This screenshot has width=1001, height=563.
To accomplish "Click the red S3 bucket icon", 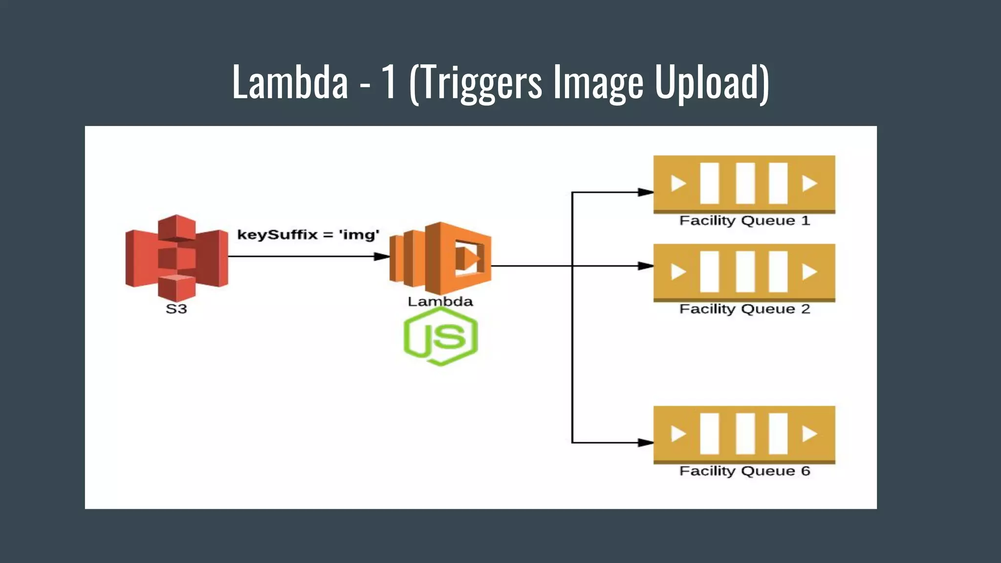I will tap(176, 258).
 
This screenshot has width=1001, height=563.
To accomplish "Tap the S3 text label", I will tap(176, 309).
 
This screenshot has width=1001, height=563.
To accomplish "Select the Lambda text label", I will tap(440, 302).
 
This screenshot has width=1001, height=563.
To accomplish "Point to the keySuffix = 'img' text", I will tap(308, 235).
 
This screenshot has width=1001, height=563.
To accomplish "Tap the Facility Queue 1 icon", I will tap(744, 184).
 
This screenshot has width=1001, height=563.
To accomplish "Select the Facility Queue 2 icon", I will tap(744, 272).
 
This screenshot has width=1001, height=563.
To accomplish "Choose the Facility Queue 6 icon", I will tap(744, 434).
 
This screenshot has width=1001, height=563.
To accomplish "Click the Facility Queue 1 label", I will tap(744, 221).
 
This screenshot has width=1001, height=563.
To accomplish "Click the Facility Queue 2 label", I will tap(744, 309).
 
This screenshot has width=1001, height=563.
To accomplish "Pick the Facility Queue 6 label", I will tap(744, 471).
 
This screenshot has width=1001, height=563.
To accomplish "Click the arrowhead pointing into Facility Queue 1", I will tap(646, 193).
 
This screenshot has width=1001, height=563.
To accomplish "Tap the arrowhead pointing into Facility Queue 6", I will tap(646, 443).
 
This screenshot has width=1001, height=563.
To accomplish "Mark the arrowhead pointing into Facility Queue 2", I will tap(646, 266).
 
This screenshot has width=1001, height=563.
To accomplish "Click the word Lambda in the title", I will tap(290, 82).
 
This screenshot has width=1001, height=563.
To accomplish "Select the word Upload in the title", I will tap(711, 82).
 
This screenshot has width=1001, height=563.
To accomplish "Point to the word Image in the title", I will tap(598, 82).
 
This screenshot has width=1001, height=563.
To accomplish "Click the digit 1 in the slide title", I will tap(389, 82).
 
